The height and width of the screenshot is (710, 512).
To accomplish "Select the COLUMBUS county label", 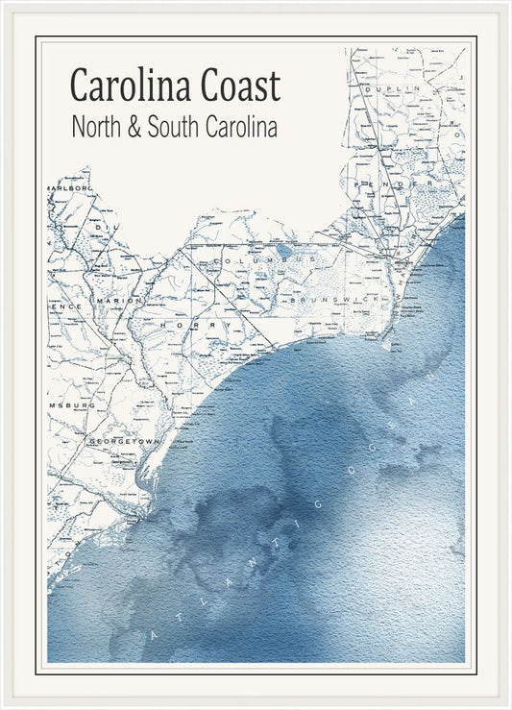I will click(250, 260).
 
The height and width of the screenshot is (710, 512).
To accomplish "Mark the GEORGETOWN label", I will click(122, 441).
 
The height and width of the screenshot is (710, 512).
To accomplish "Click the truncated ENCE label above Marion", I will click(66, 306).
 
